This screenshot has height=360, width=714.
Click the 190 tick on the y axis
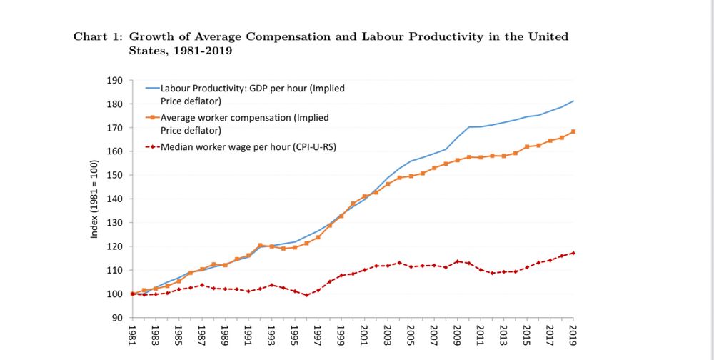click(x=115, y=81)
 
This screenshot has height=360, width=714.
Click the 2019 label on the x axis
click(x=574, y=335)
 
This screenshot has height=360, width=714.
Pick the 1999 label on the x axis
click(x=342, y=335)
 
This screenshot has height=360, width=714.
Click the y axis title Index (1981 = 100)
click(x=94, y=199)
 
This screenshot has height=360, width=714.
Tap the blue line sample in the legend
click(x=152, y=89)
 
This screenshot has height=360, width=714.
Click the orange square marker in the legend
click(x=152, y=118)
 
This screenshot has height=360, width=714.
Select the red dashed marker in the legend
click(x=152, y=147)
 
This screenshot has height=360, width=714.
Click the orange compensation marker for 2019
click(x=573, y=131)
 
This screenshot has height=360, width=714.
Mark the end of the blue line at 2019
click(x=573, y=101)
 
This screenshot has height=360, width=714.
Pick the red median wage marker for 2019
click(x=573, y=253)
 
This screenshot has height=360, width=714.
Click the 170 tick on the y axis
click(x=115, y=128)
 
